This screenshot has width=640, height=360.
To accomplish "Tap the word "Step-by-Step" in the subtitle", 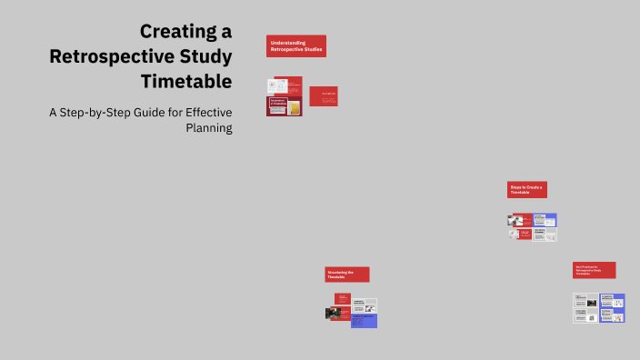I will coord(100,113).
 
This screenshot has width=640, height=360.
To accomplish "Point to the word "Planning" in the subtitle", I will coord(209,128).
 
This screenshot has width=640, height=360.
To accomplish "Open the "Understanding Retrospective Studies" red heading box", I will coord(296,45).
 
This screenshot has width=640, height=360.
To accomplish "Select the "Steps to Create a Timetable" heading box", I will coord(527,190).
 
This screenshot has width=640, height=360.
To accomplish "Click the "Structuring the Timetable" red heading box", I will coord(346,275).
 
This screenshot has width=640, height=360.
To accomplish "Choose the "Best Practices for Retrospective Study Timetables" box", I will coord(594,270).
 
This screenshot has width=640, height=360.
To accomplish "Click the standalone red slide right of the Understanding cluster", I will coord(323,96).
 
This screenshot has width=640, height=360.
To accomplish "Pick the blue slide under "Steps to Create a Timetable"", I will coord(545,220).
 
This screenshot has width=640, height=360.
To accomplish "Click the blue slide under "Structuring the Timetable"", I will coord(364,321).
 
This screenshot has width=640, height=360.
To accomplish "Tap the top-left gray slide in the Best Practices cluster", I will coord(585,301).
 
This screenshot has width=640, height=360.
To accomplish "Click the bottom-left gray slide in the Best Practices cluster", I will coord(585,315).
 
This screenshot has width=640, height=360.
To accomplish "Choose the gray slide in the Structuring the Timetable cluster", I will coord(364,305).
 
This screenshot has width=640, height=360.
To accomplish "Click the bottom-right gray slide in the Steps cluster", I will coord(545,234).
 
